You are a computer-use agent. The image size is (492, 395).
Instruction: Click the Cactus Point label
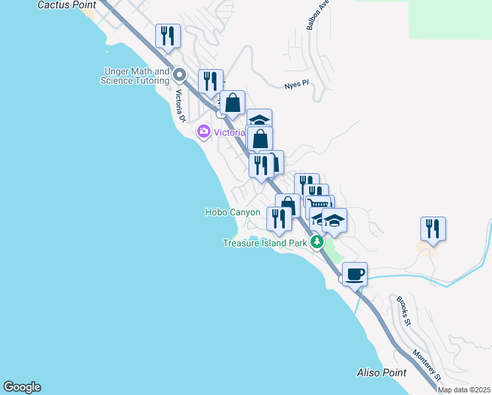(x=67, y=5)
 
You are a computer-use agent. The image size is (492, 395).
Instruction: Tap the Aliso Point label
(x=381, y=373)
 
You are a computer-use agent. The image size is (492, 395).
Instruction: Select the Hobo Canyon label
(x=232, y=212)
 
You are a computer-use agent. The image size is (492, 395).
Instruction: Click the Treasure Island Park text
(x=264, y=243)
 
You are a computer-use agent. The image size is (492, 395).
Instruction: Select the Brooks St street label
(x=403, y=311)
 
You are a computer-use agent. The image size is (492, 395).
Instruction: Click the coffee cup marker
(x=355, y=274)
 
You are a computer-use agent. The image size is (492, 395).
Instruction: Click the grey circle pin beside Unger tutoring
(x=179, y=74)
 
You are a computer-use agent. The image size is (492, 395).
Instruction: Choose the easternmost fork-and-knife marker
(x=433, y=228)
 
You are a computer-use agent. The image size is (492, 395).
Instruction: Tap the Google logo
(x=22, y=387)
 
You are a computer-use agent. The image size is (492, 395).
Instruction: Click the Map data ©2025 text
(x=464, y=390)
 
